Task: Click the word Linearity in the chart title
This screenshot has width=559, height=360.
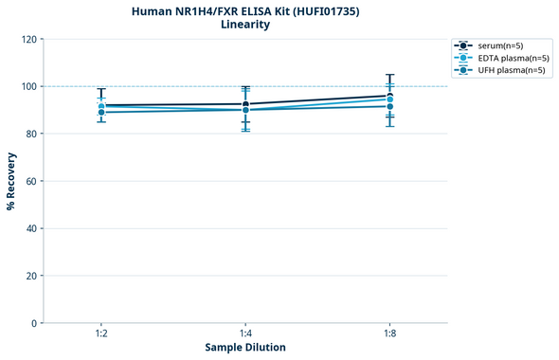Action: [244, 25]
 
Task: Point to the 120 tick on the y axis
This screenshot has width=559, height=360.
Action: [28, 39]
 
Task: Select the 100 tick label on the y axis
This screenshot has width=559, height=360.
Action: [28, 86]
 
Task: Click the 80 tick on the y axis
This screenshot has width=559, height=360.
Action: [31, 134]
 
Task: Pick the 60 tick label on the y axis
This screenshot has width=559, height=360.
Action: [31, 181]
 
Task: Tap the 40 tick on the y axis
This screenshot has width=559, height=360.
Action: [31, 228]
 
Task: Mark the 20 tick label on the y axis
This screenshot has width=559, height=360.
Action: [31, 276]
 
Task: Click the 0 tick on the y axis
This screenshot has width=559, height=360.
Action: [34, 323]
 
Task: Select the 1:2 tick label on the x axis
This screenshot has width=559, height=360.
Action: [100, 334]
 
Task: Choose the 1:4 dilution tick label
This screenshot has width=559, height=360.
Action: [245, 334]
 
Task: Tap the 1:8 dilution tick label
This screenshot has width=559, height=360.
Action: [389, 334]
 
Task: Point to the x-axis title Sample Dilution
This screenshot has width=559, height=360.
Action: [245, 348]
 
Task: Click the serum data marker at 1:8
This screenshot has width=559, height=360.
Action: [389, 95]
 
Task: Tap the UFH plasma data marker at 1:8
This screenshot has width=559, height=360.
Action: [389, 106]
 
